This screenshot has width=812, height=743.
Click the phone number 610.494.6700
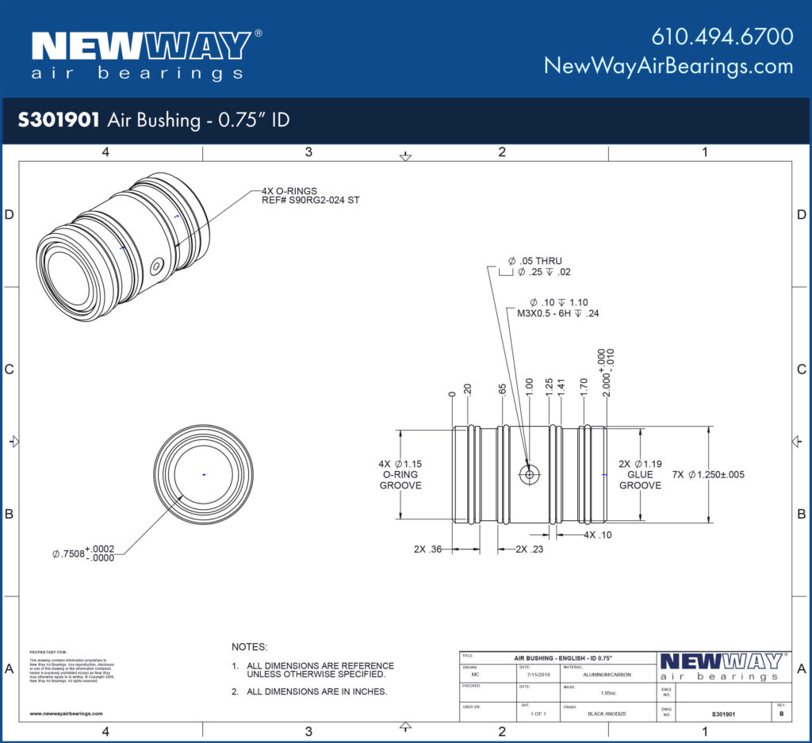(722, 36)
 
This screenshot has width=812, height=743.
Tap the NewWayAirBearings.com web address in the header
(668, 66)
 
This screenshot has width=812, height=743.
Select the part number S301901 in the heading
(59, 121)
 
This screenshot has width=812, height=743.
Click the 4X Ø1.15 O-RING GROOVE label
(400, 474)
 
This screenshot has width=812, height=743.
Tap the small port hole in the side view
(529, 474)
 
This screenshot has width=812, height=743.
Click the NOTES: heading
(250, 647)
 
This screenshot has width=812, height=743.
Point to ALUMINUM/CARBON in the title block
(608, 676)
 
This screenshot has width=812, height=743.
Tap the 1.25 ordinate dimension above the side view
(549, 388)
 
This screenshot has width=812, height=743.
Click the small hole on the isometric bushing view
(157, 267)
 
